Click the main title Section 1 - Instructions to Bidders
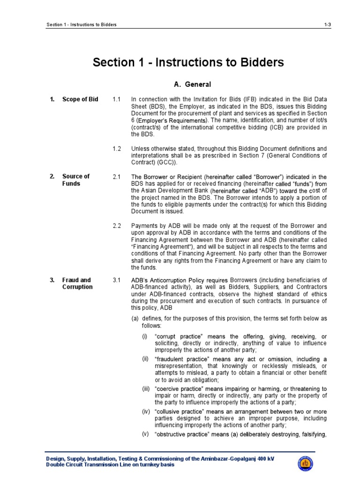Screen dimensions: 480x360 point(188,62)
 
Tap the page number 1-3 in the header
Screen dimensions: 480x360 point(327,24)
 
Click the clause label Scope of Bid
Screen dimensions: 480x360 point(80,99)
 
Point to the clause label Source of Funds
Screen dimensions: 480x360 point(75,180)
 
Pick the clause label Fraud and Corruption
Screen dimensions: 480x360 point(77,284)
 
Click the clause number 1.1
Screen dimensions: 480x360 point(117,99)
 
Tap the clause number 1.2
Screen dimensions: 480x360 point(117,149)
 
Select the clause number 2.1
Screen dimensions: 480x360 point(117,177)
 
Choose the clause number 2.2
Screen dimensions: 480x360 point(117,226)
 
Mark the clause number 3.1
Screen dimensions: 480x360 point(117,280)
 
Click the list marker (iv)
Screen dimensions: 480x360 point(146,411)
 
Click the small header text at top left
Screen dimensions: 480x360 point(82,24)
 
